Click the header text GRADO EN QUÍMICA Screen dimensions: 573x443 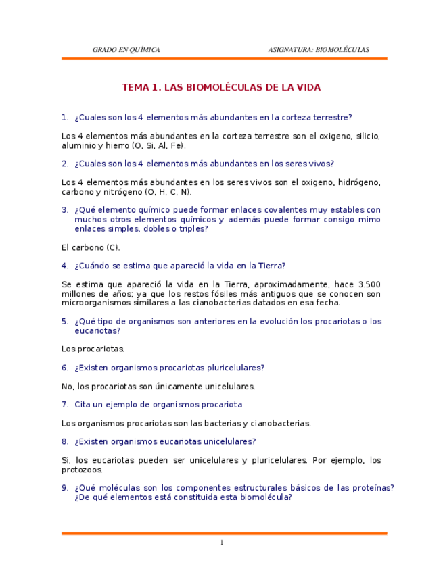coord(126,49)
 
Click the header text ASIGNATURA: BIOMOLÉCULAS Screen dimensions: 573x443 coord(319,49)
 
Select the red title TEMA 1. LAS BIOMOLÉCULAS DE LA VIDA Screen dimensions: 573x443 coord(221,88)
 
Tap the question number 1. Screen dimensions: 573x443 coord(65,117)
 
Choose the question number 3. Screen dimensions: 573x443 coord(65,210)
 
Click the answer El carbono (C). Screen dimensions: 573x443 coord(91,248)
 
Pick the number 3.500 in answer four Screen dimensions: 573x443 coord(369,284)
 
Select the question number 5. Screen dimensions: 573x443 coord(65,322)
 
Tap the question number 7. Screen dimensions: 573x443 coord(65,405)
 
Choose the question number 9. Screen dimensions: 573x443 coord(65,488)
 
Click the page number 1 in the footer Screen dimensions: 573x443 coord(221,543)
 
